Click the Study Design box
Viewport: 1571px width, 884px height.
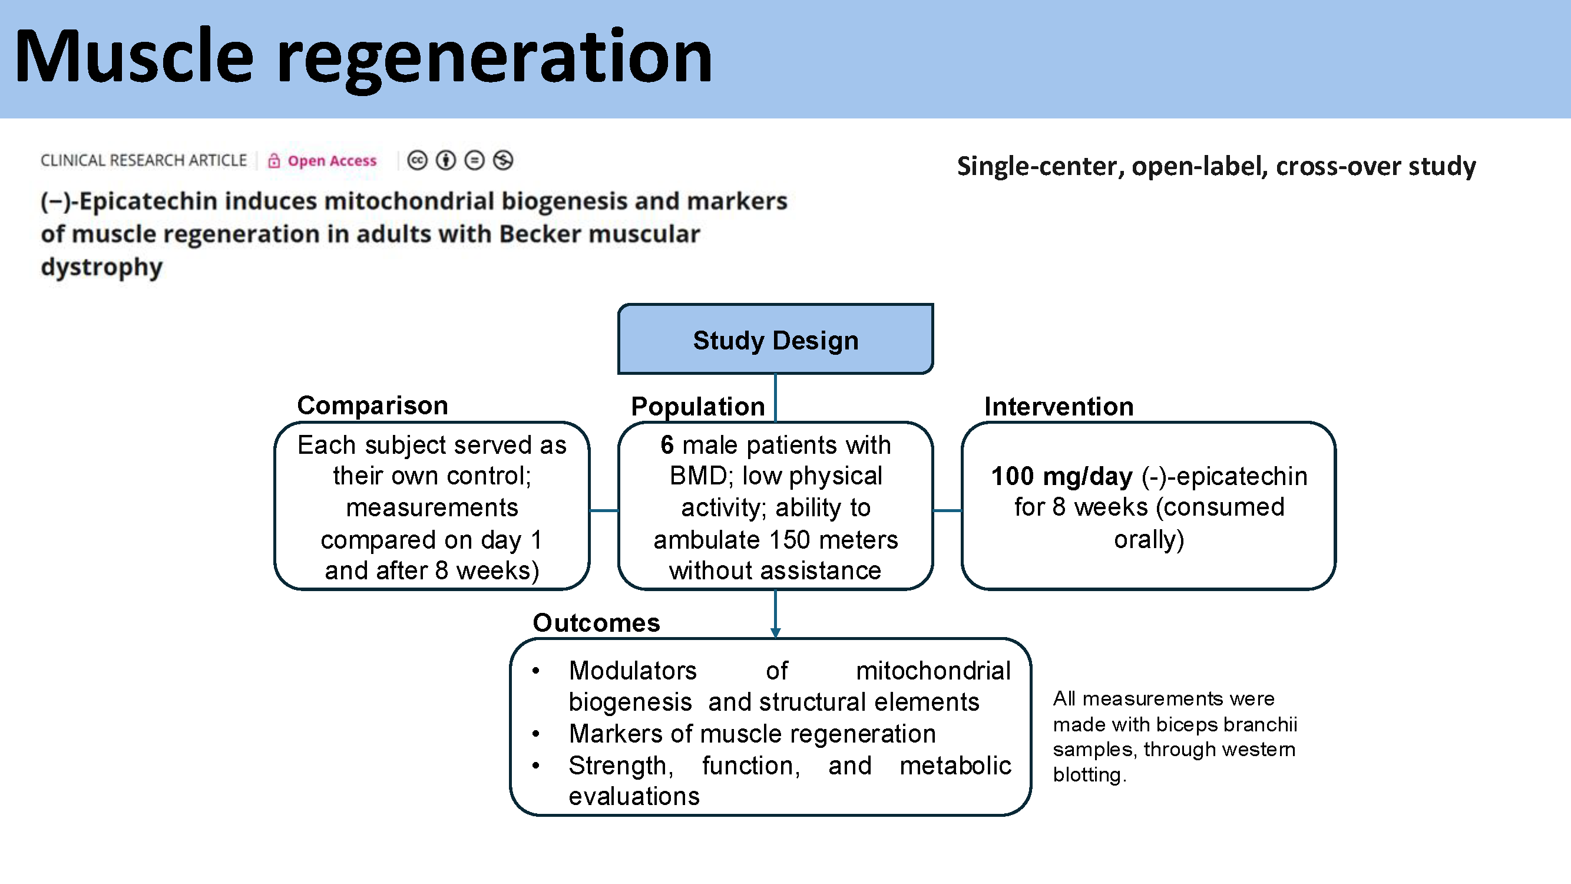(775, 340)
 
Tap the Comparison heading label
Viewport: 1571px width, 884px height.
(372, 405)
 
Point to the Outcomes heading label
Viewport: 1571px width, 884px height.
(596, 623)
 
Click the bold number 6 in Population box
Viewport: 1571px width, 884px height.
(667, 446)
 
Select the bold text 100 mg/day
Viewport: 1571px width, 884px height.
(1061, 476)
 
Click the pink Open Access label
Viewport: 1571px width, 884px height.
(332, 161)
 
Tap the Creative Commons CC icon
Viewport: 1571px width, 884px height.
(417, 160)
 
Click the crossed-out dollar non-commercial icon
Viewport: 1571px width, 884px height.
(503, 160)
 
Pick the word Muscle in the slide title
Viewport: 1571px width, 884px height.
(133, 57)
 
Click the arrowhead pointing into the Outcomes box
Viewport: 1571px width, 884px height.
(775, 632)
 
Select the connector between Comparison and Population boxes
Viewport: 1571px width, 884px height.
(604, 510)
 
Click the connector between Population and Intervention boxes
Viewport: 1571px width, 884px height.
(947, 510)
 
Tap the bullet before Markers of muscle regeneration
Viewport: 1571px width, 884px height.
(535, 734)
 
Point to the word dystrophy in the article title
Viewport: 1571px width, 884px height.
(102, 268)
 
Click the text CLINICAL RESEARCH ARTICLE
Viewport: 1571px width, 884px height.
(143, 161)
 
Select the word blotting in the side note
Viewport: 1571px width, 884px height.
(1087, 776)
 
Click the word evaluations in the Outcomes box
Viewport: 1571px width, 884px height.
(634, 797)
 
